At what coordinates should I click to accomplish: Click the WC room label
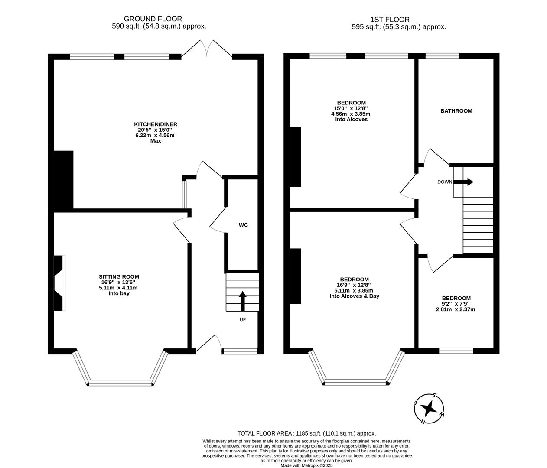243,225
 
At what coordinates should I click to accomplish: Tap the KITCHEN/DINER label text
156,124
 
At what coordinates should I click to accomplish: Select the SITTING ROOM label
119,277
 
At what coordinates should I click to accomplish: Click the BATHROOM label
456,111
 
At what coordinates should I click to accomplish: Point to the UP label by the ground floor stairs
242,320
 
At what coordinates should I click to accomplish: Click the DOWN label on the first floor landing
444,182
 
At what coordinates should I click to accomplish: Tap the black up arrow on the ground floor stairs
242,301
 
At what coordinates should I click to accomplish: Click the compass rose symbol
430,408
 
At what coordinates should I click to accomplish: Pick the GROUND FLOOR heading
153,19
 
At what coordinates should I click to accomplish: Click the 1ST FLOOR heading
390,19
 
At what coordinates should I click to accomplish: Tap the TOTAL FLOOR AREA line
306,433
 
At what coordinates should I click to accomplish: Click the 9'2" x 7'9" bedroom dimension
456,304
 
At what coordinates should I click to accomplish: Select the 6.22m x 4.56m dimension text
155,135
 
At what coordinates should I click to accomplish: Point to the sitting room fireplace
59,283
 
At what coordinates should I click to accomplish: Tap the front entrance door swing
208,343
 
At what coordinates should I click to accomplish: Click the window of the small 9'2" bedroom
456,351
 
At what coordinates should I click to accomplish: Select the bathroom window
442,55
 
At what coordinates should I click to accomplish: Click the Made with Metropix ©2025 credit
306,465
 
